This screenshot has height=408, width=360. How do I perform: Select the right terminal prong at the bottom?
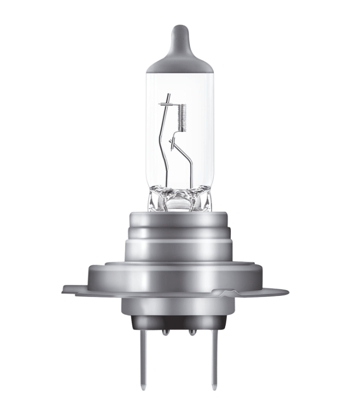click(x=213, y=358)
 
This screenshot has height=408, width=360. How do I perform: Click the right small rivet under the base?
click(x=192, y=331)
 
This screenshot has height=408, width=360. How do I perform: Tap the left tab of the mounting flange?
click(x=75, y=289)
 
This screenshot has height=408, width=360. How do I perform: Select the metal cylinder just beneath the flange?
click(x=179, y=307)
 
